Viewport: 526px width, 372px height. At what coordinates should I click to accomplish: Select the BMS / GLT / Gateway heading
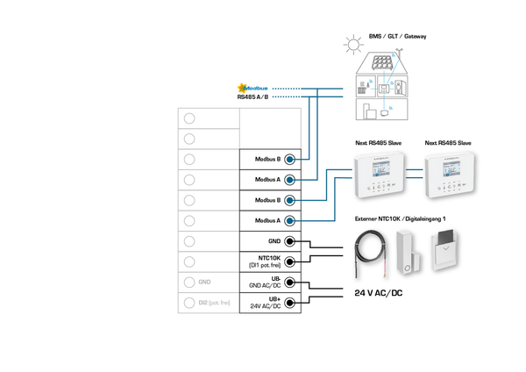click(397, 36)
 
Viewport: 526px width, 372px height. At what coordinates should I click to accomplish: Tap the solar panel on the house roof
click(380, 64)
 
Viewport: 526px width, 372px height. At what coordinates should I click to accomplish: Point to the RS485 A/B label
click(253, 97)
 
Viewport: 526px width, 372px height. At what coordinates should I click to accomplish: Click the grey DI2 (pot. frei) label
click(214, 303)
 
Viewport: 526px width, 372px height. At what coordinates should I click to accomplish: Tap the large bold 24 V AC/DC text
click(379, 293)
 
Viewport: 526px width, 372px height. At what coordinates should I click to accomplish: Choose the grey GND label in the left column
click(205, 283)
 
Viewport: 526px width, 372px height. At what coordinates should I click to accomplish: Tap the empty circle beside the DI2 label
click(188, 303)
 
